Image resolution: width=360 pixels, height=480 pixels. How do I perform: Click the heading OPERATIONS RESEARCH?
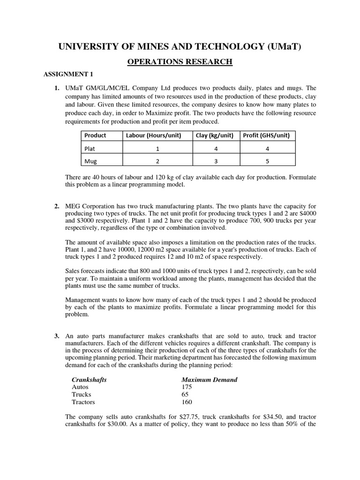180,61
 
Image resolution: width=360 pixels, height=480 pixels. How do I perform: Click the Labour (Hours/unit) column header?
157,135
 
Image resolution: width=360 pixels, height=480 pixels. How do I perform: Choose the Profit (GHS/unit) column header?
266,135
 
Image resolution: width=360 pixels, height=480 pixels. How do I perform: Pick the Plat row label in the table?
90,149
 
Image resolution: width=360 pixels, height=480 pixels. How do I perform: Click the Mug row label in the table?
90,161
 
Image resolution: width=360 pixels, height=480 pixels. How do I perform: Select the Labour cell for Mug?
157,161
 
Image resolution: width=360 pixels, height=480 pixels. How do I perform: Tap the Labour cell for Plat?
157,149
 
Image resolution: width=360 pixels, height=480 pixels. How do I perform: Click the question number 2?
56,206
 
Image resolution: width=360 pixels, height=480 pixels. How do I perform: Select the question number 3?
56,337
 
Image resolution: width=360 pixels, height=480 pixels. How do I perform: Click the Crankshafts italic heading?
89,380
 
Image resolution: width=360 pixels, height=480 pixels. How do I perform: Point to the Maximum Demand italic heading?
209,380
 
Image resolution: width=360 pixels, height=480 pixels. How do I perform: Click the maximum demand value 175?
187,387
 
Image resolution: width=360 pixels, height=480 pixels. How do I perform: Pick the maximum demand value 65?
185,395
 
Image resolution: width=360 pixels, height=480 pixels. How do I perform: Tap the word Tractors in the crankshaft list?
83,402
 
